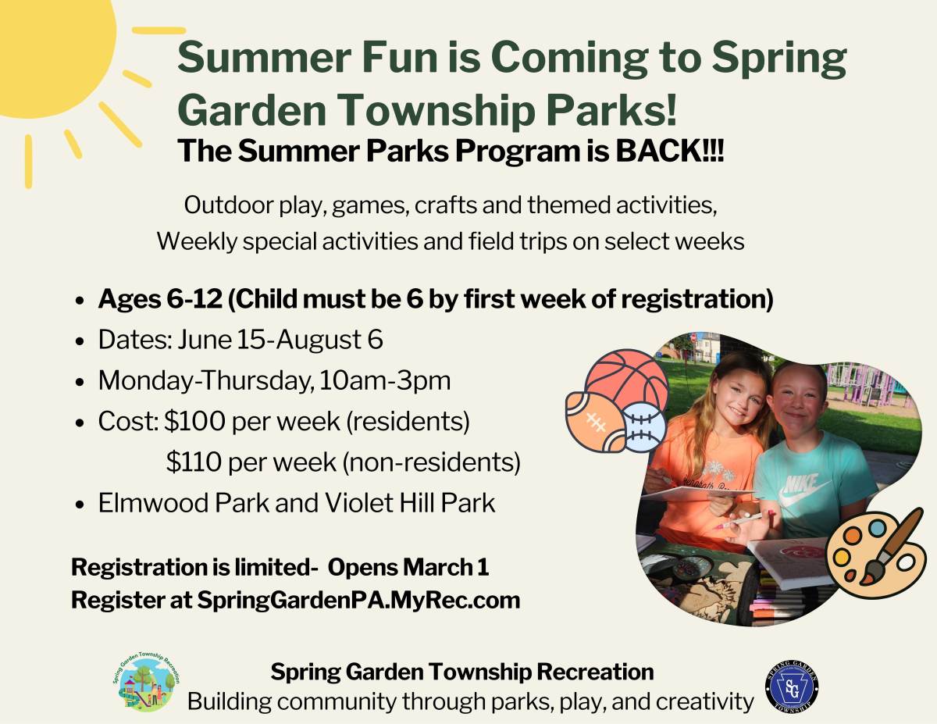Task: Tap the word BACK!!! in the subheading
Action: (x=670, y=151)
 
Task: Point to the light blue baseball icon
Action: (x=644, y=428)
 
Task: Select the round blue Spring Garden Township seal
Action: (x=792, y=688)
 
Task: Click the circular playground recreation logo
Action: (x=146, y=682)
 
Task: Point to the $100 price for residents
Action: (x=194, y=421)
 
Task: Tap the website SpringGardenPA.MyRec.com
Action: (x=358, y=601)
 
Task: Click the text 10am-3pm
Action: (x=385, y=380)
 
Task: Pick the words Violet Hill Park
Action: (x=410, y=503)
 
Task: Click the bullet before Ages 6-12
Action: (x=79, y=301)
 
